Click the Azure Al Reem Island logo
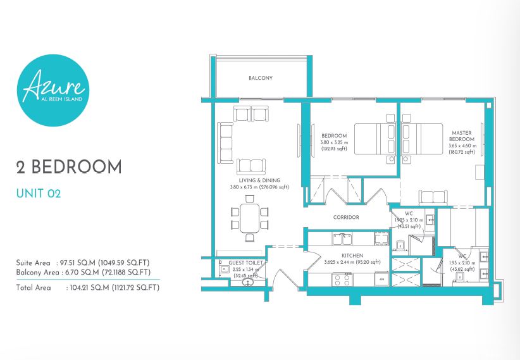(53, 90)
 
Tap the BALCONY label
(261, 78)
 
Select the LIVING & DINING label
(259, 180)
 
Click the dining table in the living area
(250, 218)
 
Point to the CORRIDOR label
(346, 217)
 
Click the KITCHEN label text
(352, 256)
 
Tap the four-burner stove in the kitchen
(343, 279)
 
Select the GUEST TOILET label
(245, 263)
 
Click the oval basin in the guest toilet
(248, 282)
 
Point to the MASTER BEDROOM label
(462, 136)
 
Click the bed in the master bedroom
(422, 139)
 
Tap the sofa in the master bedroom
(433, 198)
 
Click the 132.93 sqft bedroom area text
(334, 149)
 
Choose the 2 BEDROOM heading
(69, 167)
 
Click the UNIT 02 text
(39, 194)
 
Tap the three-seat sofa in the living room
(225, 143)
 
